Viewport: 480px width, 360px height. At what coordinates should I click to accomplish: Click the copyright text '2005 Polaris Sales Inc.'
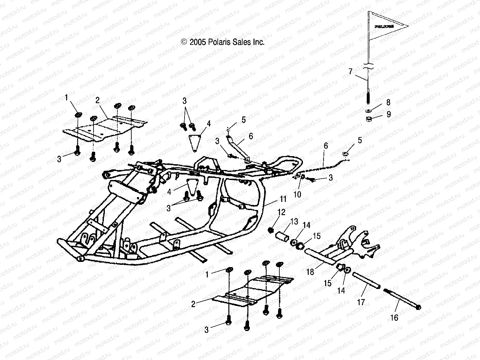point(227,42)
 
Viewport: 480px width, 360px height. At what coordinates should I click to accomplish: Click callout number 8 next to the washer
point(388,102)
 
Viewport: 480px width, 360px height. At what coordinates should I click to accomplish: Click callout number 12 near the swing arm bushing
point(281,212)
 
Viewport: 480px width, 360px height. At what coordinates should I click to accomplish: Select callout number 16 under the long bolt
point(394,318)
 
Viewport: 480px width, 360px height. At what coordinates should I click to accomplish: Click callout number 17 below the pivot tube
point(361,302)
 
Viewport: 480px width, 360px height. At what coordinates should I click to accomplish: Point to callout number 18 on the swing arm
point(310,272)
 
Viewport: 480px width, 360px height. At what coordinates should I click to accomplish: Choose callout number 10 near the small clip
point(297,194)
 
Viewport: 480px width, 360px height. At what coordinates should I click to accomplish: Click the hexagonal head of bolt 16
point(419,307)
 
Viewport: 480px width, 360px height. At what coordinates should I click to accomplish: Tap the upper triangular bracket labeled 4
point(195,141)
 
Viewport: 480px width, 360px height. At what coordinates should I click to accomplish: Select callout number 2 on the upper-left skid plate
point(97,100)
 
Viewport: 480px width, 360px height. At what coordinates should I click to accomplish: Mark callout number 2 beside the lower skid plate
point(193,304)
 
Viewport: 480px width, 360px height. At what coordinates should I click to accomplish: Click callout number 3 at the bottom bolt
point(206,329)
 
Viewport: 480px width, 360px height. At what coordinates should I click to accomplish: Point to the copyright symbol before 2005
point(184,42)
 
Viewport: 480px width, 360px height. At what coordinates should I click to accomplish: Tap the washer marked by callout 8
point(368,110)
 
